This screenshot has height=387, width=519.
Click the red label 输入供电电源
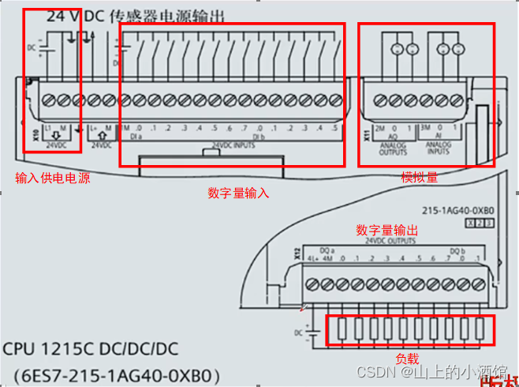[52, 178]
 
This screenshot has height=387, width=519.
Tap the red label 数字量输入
[239, 193]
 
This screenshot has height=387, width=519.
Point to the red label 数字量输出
[386, 230]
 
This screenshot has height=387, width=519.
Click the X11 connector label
[366, 134]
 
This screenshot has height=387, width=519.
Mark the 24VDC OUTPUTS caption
[390, 241]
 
